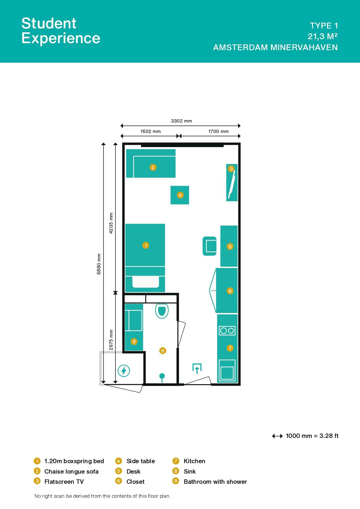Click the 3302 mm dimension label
pyautogui.click(x=181, y=121)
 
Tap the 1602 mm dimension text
pyautogui.click(x=150, y=131)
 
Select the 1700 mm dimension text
pyautogui.click(x=218, y=131)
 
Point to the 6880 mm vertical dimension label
pyautogui.click(x=99, y=264)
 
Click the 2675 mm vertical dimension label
pyautogui.click(x=111, y=340)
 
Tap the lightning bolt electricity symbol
pyautogui.click(x=124, y=371)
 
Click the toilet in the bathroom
pyautogui.click(x=162, y=311)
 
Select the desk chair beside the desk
pyautogui.click(x=210, y=246)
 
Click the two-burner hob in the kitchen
pyautogui.click(x=227, y=331)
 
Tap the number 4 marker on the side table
pyautogui.click(x=180, y=195)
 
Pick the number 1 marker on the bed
pyautogui.click(x=146, y=245)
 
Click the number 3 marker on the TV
pyautogui.click(x=231, y=169)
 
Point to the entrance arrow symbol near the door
pyautogui.click(x=197, y=369)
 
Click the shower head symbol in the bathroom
pyautogui.click(x=162, y=376)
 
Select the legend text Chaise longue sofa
pyautogui.click(x=71, y=471)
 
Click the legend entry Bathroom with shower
pyautogui.click(x=215, y=481)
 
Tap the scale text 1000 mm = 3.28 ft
pyautogui.click(x=312, y=436)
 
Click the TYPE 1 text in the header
pyautogui.click(x=324, y=26)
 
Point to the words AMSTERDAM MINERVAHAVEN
pyautogui.click(x=275, y=47)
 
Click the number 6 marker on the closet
pyautogui.click(x=230, y=291)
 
